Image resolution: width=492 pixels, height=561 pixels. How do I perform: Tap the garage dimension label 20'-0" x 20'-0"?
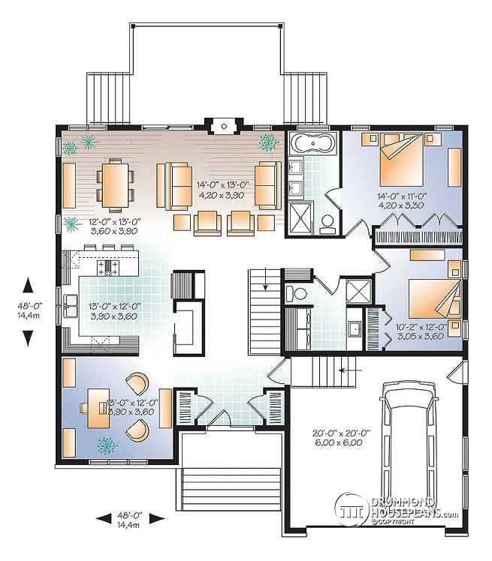click(341, 433)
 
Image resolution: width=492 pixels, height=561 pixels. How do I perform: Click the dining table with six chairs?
click(115, 185)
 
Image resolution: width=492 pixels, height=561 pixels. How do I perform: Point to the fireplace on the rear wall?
click(224, 126)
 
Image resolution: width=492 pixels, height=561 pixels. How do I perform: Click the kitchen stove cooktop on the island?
click(108, 268)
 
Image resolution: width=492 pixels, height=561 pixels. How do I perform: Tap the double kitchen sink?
click(71, 306)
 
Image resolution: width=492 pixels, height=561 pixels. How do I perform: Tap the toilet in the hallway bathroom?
click(297, 294)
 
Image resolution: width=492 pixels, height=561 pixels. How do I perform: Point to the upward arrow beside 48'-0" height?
click(28, 286)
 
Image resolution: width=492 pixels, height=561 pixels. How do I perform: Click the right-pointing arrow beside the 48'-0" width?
click(157, 518)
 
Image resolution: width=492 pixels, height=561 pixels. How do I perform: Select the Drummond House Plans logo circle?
click(350, 509)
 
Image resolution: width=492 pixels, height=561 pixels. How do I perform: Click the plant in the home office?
click(107, 445)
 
